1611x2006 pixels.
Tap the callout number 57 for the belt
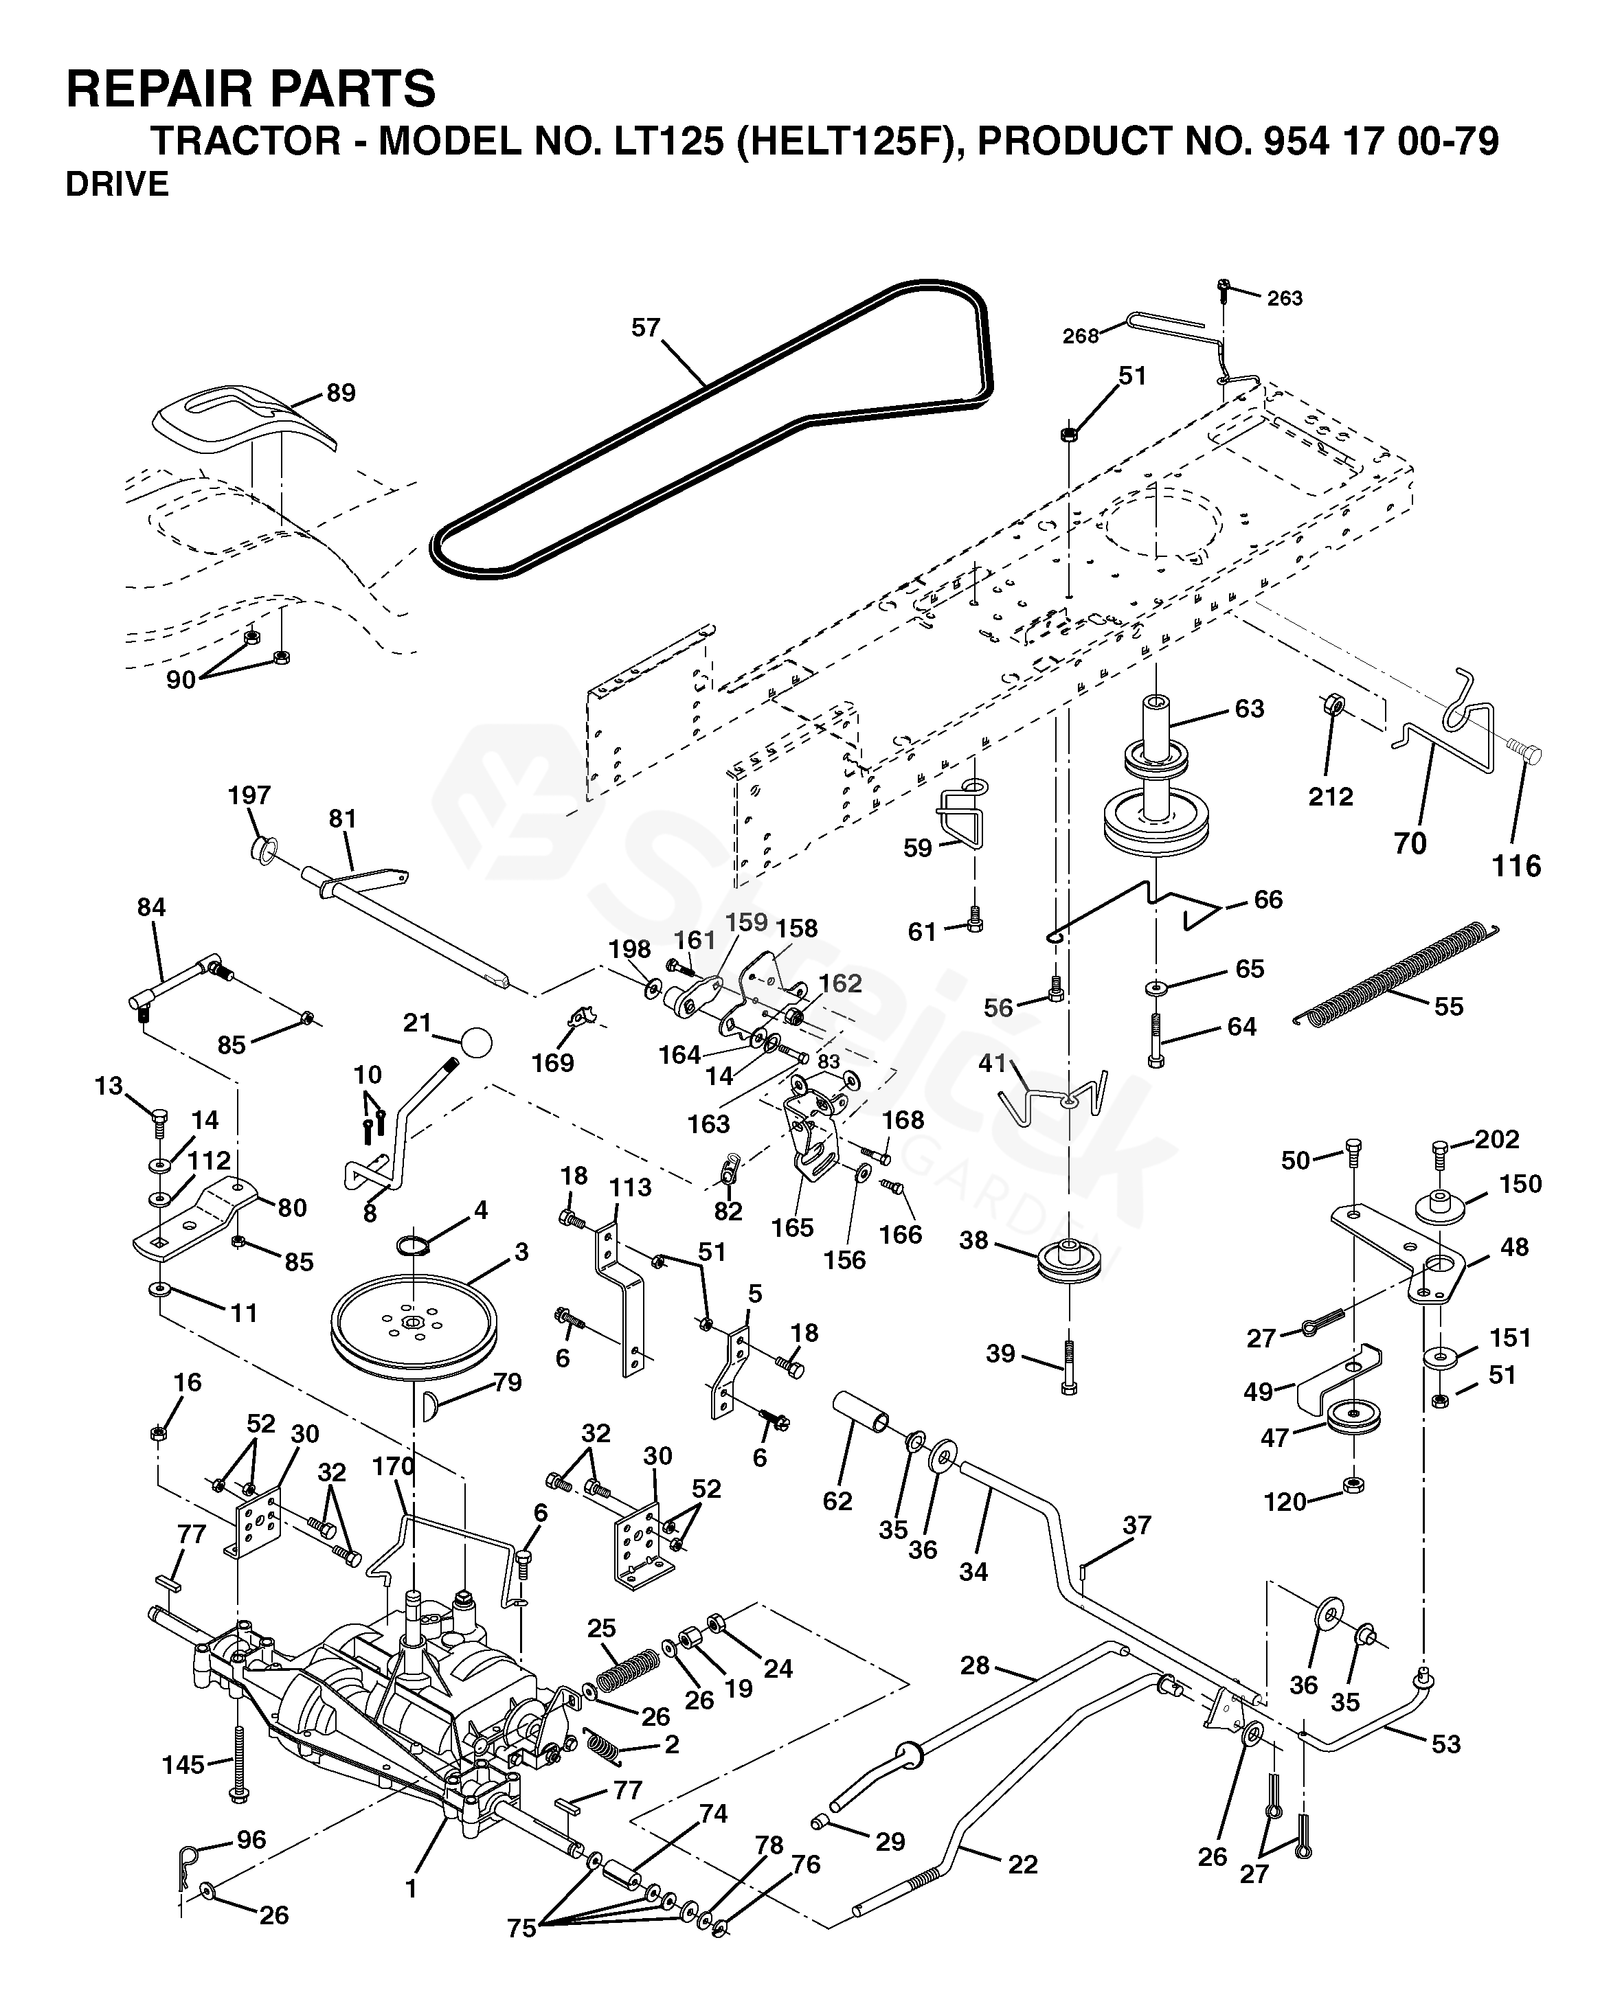645,328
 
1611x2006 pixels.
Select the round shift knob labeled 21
475,1042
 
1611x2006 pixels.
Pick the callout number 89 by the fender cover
341,393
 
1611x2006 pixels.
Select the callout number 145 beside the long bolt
183,1764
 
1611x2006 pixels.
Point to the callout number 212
1330,797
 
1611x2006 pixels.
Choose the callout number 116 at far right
1516,866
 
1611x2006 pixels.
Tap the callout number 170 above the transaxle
393,1466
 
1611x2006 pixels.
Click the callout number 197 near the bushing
249,795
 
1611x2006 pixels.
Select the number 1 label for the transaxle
410,1888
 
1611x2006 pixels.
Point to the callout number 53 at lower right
1445,1744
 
